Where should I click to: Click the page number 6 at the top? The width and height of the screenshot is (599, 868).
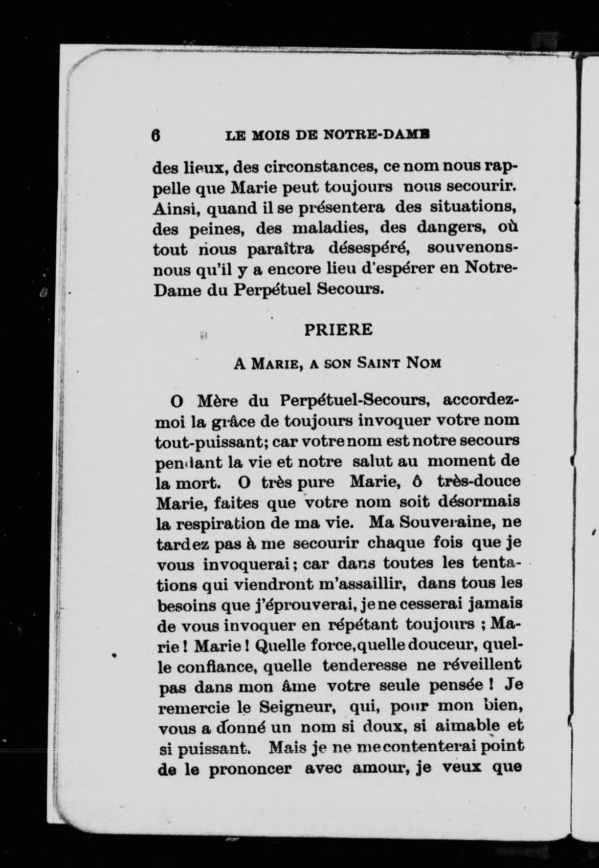[x=156, y=135]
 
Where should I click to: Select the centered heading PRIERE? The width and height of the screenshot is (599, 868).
[x=338, y=329]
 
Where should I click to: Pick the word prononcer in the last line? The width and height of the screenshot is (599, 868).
[x=250, y=769]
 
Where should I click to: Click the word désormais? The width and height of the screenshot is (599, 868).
[x=478, y=502]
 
